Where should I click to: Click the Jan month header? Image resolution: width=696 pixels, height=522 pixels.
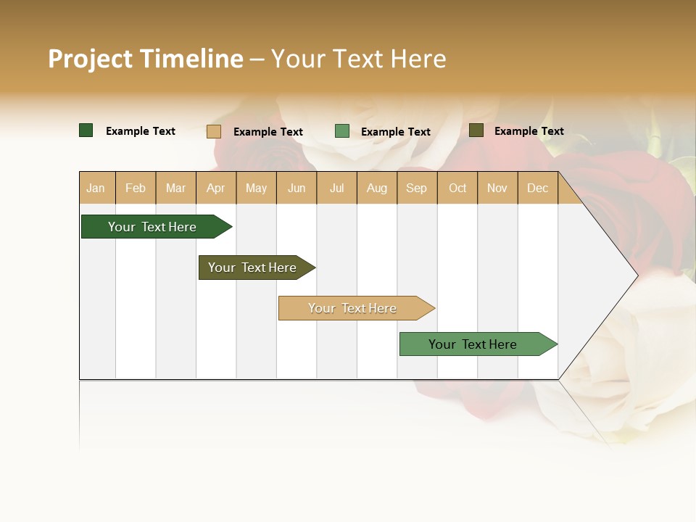click(96, 188)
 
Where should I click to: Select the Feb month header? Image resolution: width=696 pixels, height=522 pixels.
click(136, 188)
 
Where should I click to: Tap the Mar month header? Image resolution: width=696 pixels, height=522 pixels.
click(175, 188)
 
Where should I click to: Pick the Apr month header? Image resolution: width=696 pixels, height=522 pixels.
click(216, 188)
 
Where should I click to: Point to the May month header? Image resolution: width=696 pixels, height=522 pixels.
click(256, 188)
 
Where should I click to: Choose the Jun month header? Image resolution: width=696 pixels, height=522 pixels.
click(297, 188)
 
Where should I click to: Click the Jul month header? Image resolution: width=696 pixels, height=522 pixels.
click(336, 188)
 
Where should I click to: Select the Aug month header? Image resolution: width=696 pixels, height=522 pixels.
click(377, 188)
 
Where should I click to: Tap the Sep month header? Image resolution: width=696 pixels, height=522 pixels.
click(417, 188)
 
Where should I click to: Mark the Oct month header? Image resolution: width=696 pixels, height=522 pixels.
click(457, 188)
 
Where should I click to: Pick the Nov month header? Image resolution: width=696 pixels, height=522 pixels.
click(497, 188)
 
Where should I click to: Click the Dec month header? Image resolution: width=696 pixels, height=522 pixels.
click(537, 188)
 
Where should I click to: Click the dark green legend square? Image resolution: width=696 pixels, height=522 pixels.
click(86, 130)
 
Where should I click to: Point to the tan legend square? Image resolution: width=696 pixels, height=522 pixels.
click(214, 131)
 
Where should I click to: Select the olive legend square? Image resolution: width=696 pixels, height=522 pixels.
click(476, 130)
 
